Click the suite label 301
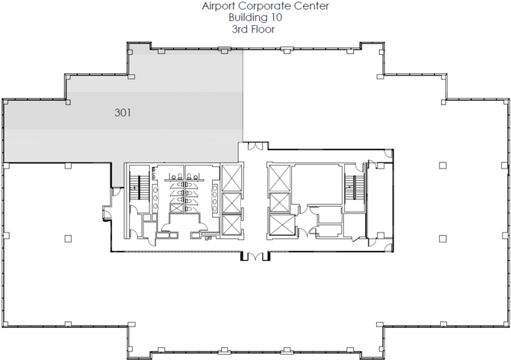123,113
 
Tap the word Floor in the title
262,29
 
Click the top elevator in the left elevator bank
232,178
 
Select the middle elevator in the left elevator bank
232,203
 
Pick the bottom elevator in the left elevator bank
232,226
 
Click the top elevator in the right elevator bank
279,178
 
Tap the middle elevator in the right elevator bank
280,203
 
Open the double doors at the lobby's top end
256,146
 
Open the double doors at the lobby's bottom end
256,256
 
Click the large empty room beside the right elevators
317,185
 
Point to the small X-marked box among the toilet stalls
176,208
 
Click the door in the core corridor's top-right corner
388,153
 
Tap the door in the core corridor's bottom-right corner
388,247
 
